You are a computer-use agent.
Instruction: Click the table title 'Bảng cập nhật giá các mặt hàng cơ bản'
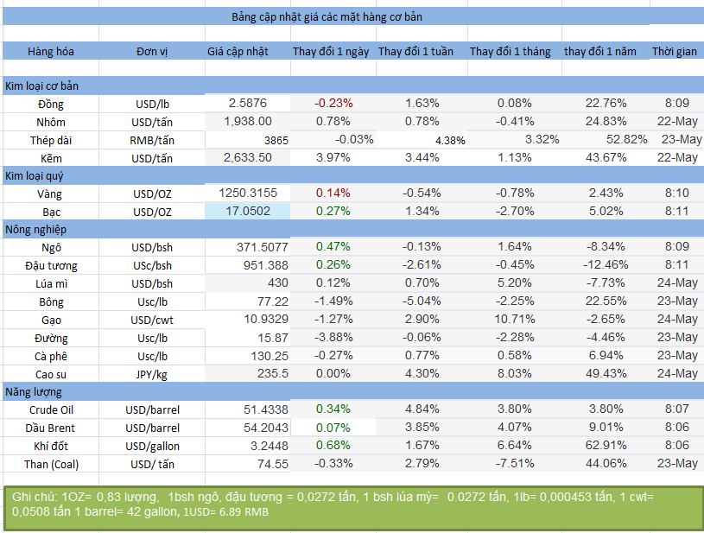[x=327, y=16]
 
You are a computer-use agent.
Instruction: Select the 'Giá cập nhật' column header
[x=238, y=52]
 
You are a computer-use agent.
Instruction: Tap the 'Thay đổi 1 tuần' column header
[x=415, y=52]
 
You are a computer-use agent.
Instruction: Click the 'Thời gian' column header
[x=675, y=52]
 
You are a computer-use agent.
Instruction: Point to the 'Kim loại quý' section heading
[x=35, y=175]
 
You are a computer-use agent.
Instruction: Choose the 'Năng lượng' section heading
[x=35, y=392]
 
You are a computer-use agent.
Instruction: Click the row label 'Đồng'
[x=51, y=103]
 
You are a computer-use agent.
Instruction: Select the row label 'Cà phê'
[x=51, y=356]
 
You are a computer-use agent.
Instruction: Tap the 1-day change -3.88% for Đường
[x=333, y=338]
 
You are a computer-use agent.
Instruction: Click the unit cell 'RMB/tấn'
[x=152, y=140]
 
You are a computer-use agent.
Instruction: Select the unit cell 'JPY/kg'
[x=152, y=374]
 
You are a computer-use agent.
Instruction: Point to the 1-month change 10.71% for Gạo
[x=515, y=320]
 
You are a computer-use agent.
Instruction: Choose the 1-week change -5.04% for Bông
[x=422, y=301]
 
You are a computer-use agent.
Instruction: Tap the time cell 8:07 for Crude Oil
[x=677, y=409]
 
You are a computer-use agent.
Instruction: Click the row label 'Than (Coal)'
[x=51, y=464]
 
